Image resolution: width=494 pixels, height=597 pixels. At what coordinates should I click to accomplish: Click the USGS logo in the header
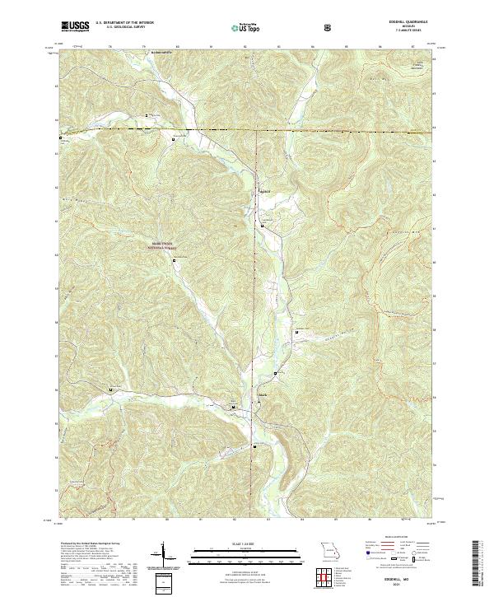tap(77, 27)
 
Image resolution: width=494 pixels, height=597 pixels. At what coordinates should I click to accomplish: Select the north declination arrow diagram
tap(165, 553)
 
